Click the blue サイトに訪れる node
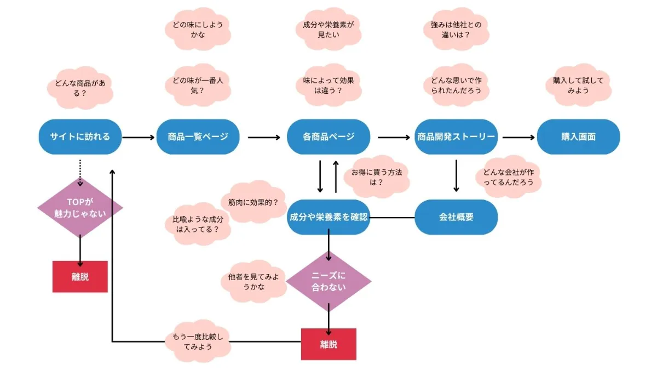(x=80, y=136)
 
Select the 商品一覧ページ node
(x=198, y=136)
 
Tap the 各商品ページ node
(x=328, y=136)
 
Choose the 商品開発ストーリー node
(x=456, y=136)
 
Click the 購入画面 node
(x=578, y=136)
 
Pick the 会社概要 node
(x=456, y=217)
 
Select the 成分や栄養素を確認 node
(x=328, y=217)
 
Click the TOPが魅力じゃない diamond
(x=80, y=208)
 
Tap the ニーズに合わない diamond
(x=328, y=280)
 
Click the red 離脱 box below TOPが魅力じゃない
(x=80, y=276)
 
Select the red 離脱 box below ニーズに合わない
(x=328, y=344)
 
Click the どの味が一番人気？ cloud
(x=198, y=85)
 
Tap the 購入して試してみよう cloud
(x=578, y=85)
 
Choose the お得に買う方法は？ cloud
(x=376, y=177)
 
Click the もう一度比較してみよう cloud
(x=198, y=341)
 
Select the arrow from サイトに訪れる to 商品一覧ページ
(x=139, y=137)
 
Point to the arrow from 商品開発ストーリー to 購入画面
(x=518, y=137)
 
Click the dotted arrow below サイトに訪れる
(x=80, y=172)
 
